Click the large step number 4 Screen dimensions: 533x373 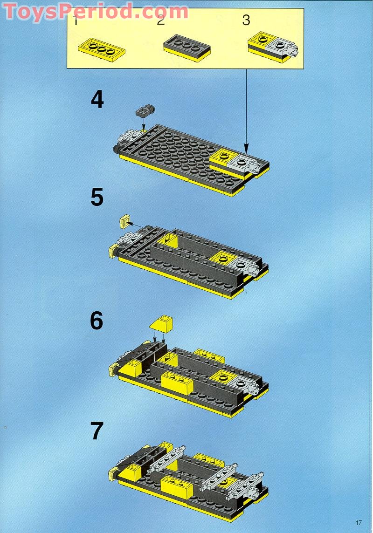(x=97, y=100)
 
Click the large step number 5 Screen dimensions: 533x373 (x=97, y=197)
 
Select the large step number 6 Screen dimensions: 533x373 (x=97, y=321)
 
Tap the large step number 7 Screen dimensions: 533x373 (x=97, y=431)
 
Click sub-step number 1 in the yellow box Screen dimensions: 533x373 (x=76, y=20)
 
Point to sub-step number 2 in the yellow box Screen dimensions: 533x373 (x=161, y=20)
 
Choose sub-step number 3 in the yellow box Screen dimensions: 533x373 (x=246, y=20)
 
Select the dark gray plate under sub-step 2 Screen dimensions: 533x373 (x=187, y=48)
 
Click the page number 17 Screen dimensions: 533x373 (x=358, y=522)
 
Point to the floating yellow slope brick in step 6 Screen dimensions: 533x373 (x=161, y=323)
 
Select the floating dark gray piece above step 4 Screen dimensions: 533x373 (x=144, y=111)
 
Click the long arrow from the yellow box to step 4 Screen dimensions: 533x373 (x=246, y=112)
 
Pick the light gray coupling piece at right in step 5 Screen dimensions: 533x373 (x=244, y=266)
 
